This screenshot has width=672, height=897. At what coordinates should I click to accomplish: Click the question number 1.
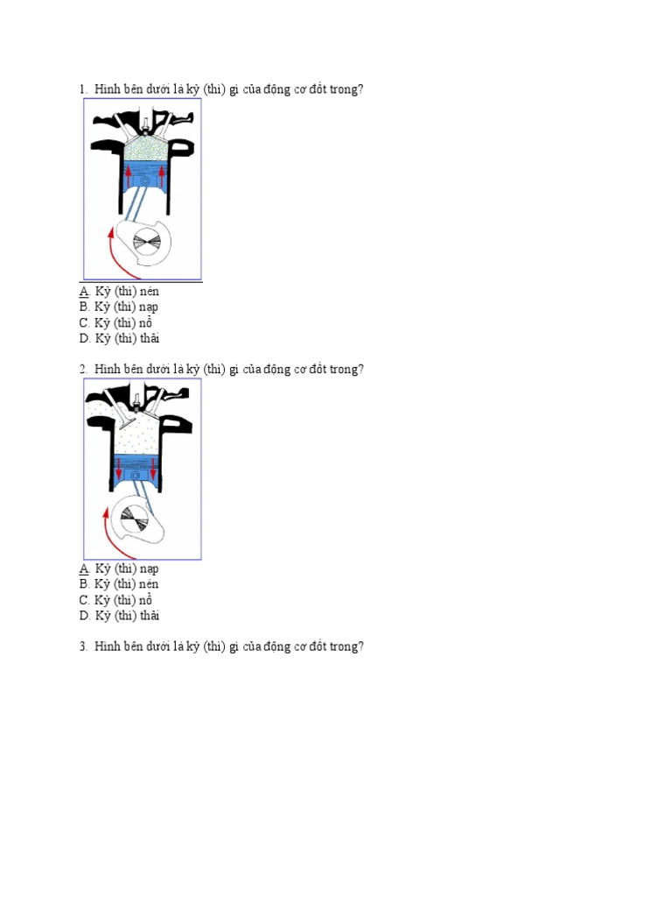pos(83,89)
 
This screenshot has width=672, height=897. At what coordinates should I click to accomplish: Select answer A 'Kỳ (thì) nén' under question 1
pos(119,291)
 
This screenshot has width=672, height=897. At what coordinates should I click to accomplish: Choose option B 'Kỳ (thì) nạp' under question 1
pos(118,307)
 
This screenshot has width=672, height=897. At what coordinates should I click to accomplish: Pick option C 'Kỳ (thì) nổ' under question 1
pos(115,322)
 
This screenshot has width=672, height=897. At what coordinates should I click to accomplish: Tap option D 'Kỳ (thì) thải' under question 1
pos(119,339)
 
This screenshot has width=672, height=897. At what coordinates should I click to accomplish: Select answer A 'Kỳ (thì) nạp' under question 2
pos(119,569)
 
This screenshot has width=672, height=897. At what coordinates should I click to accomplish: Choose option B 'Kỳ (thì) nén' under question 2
pos(119,584)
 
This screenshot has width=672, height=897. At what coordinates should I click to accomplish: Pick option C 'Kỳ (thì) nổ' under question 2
pos(115,600)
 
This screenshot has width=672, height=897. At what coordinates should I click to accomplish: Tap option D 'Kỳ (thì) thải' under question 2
pos(119,616)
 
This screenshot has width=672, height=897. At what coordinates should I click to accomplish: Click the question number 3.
pos(83,646)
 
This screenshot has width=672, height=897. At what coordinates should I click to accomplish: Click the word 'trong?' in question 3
pos(346,647)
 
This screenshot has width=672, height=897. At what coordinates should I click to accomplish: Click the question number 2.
pos(83,370)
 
